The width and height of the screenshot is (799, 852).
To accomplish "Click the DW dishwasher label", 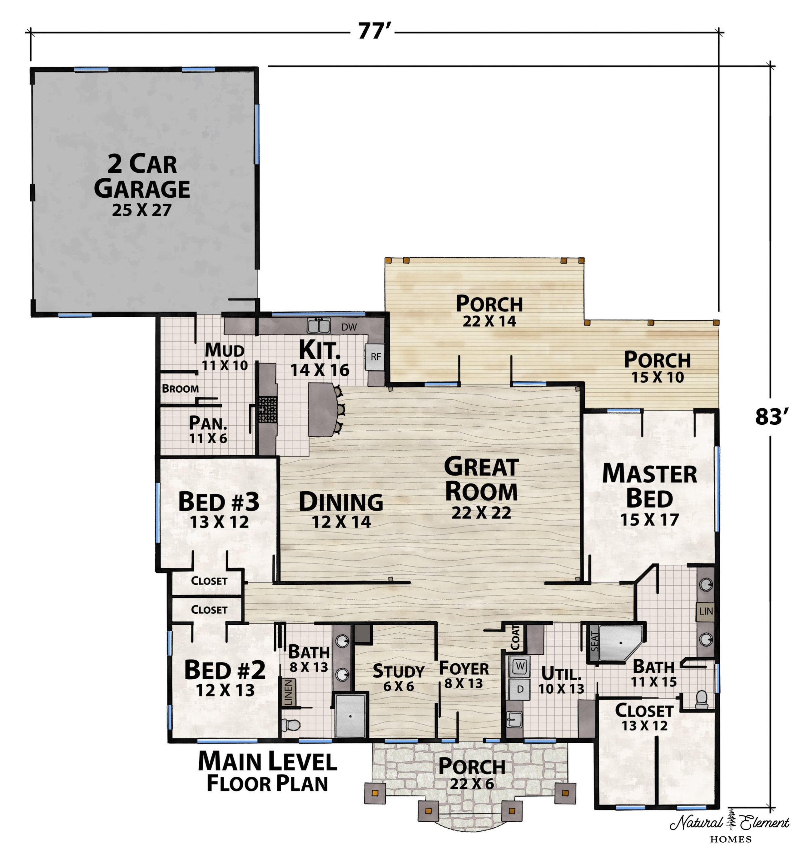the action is (349, 327).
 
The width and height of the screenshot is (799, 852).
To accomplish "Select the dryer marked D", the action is (520, 690).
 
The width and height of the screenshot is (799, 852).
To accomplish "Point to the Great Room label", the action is (481, 489).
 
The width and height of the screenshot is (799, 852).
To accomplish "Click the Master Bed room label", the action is (649, 494).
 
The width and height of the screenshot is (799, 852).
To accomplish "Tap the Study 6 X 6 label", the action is (398, 678).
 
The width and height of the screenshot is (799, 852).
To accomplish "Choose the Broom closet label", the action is (180, 389).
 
